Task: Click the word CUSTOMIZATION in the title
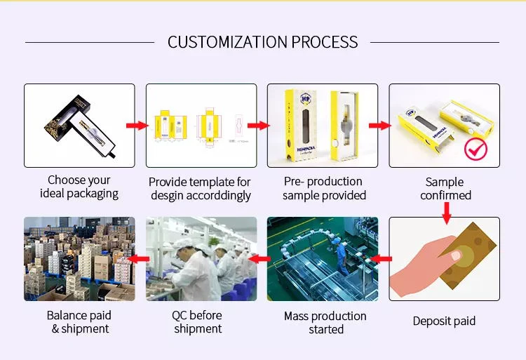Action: (228, 42)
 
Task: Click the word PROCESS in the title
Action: (325, 42)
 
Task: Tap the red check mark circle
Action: (476, 149)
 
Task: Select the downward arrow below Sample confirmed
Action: (446, 213)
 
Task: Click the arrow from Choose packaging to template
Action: (137, 126)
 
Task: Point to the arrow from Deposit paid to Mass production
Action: (381, 259)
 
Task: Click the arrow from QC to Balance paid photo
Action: (138, 259)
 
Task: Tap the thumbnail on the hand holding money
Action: (456, 256)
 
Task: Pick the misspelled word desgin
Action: (167, 195)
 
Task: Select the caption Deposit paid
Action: (444, 321)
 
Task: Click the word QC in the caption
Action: (180, 315)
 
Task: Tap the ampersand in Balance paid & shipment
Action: (55, 329)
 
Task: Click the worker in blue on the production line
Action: (341, 255)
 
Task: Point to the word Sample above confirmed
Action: (445, 182)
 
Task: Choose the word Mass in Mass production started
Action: (296, 316)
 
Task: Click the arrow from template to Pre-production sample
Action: (259, 126)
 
